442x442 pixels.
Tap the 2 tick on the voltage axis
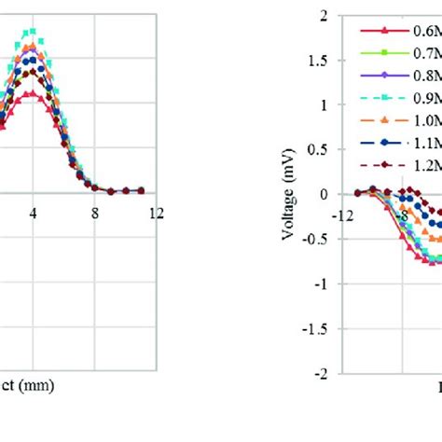tap(323, 16)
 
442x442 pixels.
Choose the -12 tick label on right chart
tap(344, 214)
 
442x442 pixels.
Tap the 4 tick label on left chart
tap(34, 214)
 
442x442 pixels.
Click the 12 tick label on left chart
tap(155, 214)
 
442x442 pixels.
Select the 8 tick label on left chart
tap(95, 214)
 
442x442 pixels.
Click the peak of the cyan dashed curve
tap(34, 32)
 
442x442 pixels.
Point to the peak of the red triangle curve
tap(34, 93)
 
